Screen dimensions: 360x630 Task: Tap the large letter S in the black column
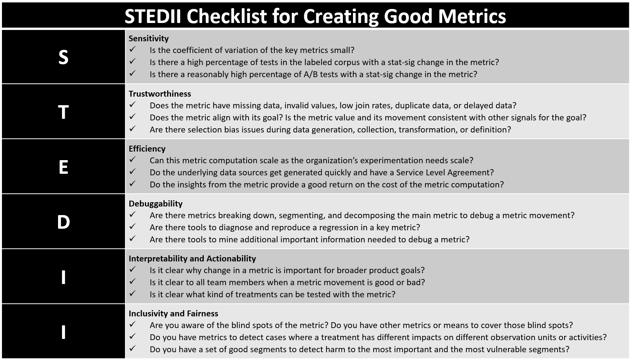(63, 57)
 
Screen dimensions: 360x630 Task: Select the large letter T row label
(63, 112)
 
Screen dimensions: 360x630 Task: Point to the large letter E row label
(63, 167)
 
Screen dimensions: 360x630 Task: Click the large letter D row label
(63, 222)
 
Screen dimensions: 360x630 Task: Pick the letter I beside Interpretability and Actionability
(63, 277)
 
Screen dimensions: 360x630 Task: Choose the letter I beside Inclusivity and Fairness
(63, 332)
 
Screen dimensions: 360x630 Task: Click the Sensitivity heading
(148, 38)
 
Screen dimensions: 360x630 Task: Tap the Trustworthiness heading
(160, 94)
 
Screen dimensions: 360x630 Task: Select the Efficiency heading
(147, 148)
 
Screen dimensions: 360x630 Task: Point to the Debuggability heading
(155, 203)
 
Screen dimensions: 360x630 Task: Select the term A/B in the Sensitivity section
(311, 74)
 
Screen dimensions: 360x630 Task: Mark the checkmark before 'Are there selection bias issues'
(132, 128)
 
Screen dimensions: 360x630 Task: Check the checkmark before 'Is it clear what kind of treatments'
(132, 293)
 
